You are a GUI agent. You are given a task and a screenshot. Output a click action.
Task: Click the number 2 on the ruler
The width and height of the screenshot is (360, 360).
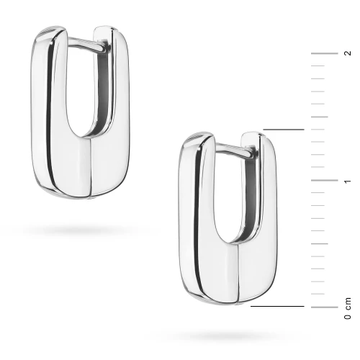pos(347,53)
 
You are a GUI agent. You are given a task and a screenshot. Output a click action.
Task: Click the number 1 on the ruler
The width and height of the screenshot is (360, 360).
pos(348,181)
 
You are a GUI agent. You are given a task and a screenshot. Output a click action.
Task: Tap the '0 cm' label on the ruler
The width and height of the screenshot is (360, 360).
pos(348,308)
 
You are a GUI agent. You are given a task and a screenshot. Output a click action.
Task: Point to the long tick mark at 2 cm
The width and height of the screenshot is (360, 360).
pos(324,53)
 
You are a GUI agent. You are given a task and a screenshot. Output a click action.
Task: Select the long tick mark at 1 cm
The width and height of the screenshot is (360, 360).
pos(324,180)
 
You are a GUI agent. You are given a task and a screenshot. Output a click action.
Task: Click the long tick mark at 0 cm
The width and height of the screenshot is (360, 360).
pos(324,307)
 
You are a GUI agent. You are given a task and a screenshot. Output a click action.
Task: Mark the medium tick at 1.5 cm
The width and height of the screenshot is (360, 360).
pos(320,117)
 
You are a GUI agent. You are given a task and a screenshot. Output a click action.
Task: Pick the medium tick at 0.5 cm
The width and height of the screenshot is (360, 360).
pos(320,243)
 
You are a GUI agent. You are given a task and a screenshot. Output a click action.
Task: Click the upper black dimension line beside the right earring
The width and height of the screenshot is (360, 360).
pos(284,130)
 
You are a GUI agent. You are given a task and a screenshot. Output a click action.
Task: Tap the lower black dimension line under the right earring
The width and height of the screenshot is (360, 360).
pos(277,306)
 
